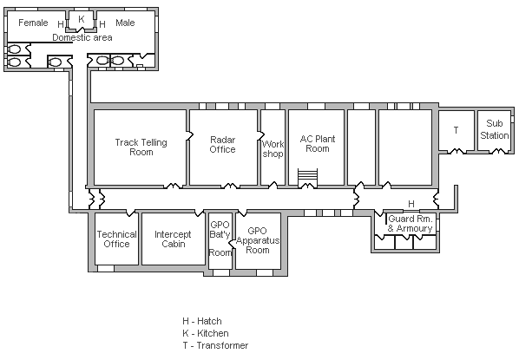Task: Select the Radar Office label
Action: click(223, 144)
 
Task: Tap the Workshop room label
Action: click(273, 149)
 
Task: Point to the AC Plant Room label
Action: click(316, 143)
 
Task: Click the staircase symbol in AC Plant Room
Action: click(308, 176)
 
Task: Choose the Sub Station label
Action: click(495, 129)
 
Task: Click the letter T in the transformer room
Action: click(456, 129)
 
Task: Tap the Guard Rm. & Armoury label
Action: click(410, 224)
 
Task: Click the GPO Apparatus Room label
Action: click(258, 240)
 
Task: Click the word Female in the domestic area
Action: click(33, 23)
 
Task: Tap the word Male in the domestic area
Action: click(125, 23)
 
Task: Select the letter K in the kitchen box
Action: click(82, 18)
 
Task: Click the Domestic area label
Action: click(81, 37)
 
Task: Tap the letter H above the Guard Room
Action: click(411, 204)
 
